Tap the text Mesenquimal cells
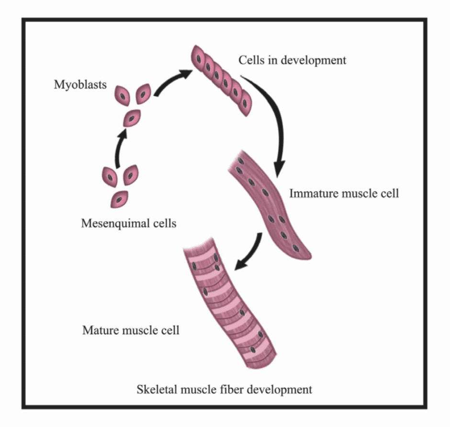click(129, 223)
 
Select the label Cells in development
click(292, 61)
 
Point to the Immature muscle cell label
click(344, 194)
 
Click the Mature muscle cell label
click(131, 330)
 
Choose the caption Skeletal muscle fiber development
click(224, 389)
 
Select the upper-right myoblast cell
click(143, 95)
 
